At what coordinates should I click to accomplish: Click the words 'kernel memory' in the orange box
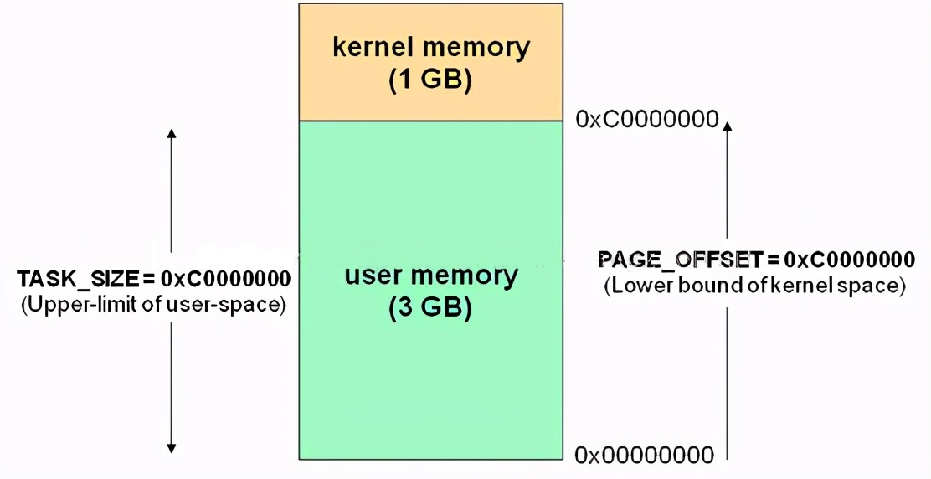click(431, 47)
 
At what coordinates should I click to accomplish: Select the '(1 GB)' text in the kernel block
click(431, 80)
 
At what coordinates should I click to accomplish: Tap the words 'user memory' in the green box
click(431, 275)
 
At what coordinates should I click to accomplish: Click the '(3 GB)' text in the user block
click(431, 308)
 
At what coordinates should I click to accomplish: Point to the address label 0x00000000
click(645, 455)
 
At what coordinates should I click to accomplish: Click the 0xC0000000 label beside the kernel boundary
click(647, 119)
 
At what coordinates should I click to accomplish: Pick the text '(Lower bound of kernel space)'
click(754, 285)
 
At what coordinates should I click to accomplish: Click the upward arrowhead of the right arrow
click(727, 126)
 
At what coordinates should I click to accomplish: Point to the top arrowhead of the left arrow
click(171, 134)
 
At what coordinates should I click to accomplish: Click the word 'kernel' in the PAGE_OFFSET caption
click(807, 285)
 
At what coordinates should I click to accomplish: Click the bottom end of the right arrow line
click(727, 458)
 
